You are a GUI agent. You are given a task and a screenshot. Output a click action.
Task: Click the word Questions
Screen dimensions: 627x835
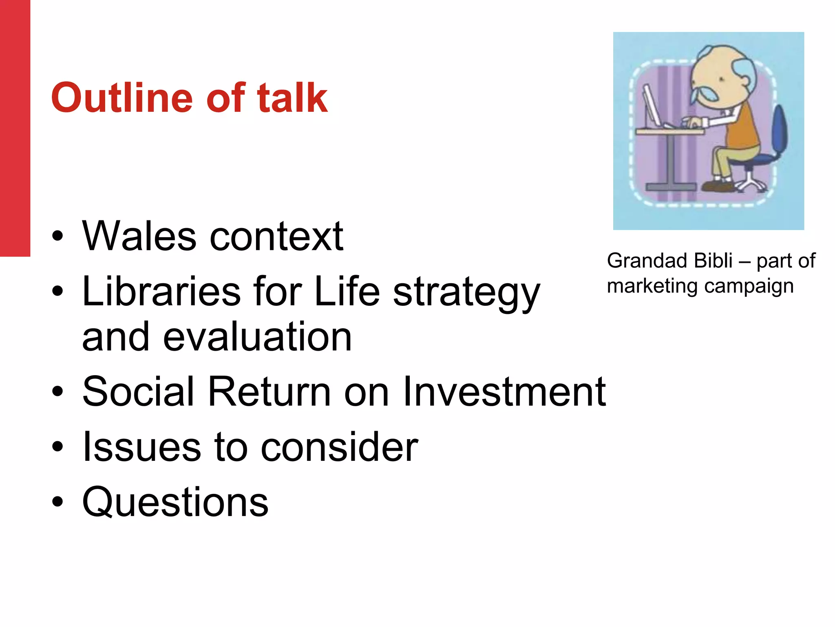pyautogui.click(x=175, y=502)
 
